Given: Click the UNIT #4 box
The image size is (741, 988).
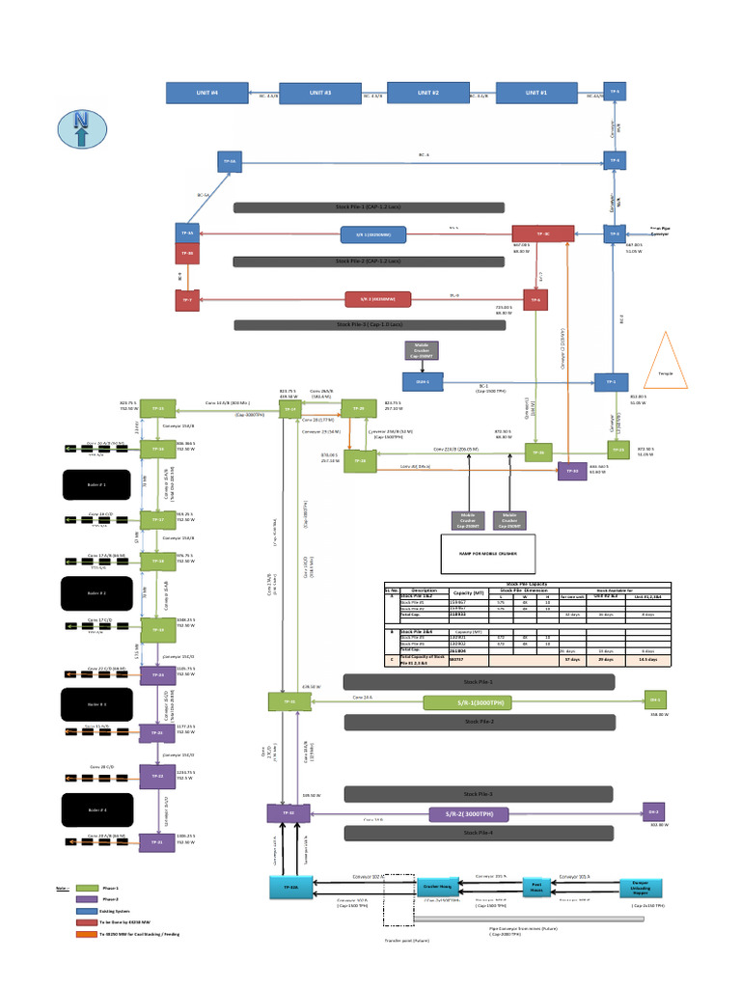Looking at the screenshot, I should (x=207, y=93).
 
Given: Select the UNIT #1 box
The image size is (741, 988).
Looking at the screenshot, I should (x=535, y=93).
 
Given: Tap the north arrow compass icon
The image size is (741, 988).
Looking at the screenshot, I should (x=81, y=129).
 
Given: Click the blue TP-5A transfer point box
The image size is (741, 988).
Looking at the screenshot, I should (x=229, y=161).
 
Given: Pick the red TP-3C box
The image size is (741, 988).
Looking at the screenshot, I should (x=542, y=233).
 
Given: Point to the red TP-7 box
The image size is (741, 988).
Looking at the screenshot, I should (x=187, y=300).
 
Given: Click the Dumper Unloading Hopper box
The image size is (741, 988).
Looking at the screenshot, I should (x=646, y=885).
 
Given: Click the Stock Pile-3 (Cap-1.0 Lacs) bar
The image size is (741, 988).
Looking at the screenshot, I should (x=383, y=325).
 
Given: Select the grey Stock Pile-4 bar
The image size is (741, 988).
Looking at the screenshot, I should (x=480, y=833).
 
